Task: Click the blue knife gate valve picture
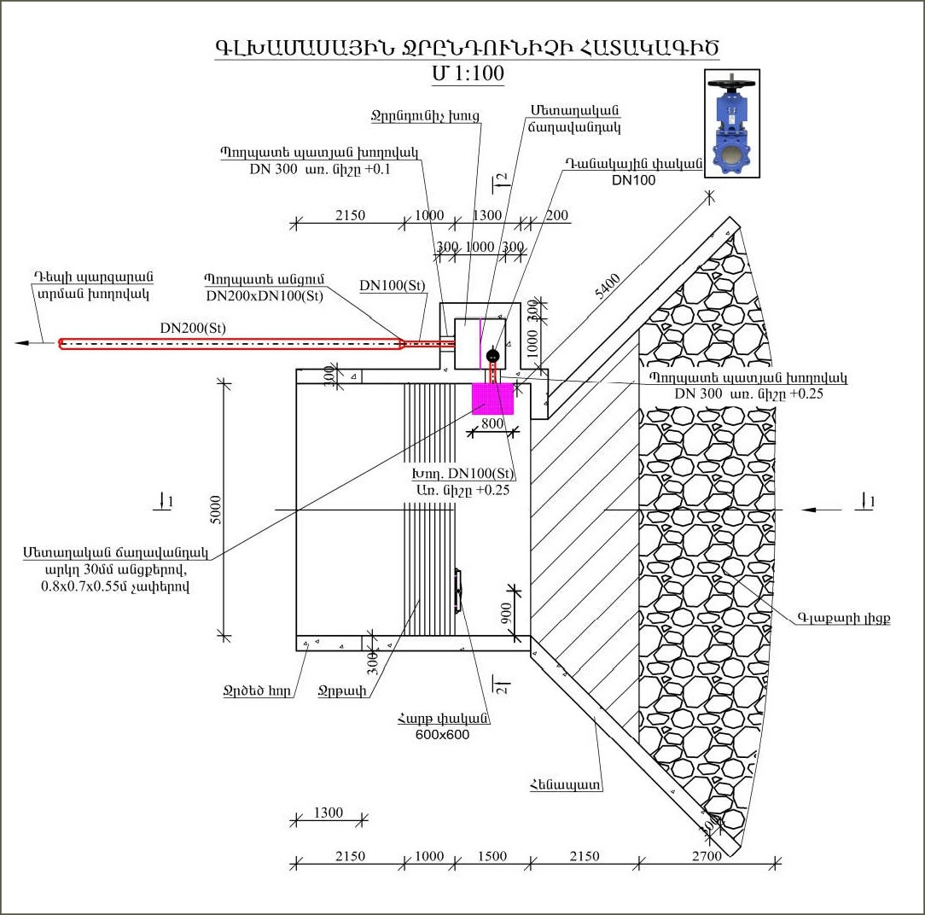click(x=730, y=124)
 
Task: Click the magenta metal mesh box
click(x=493, y=399)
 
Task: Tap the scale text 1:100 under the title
click(x=468, y=73)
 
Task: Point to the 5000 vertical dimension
click(x=216, y=509)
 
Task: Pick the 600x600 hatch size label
click(x=442, y=735)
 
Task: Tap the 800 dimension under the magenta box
click(x=492, y=424)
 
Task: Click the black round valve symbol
click(x=492, y=356)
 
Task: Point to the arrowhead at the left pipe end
click(x=24, y=343)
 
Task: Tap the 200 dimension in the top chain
click(x=556, y=216)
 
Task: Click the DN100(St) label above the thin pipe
click(x=392, y=285)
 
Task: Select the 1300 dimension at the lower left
click(x=328, y=813)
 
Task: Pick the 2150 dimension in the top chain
click(x=349, y=216)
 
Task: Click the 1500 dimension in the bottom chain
click(x=491, y=856)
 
